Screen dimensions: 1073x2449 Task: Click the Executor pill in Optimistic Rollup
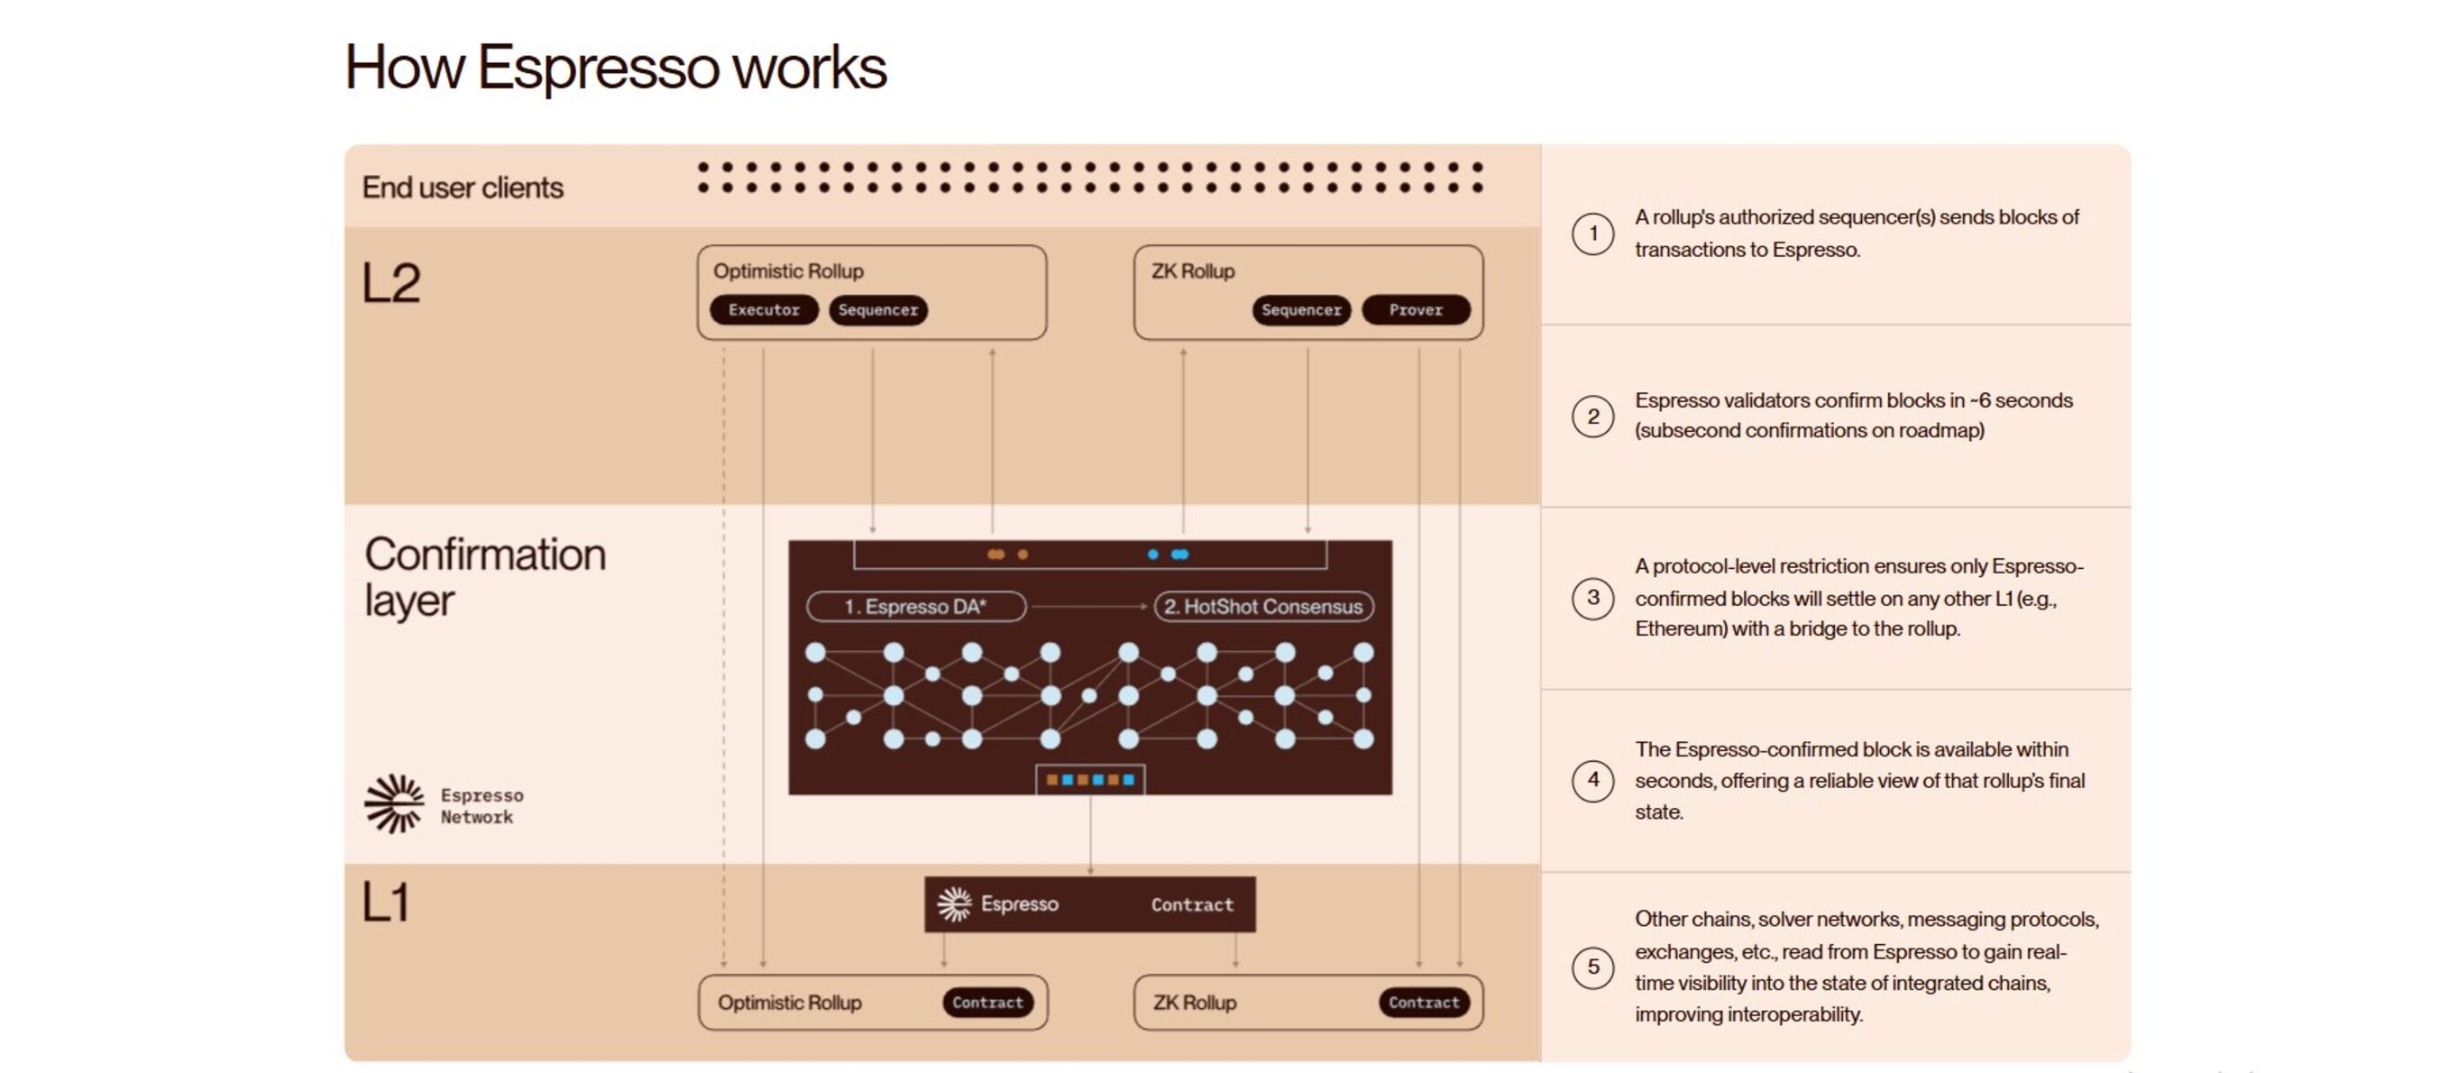pyautogui.click(x=764, y=310)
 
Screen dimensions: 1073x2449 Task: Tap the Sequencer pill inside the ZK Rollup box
pyautogui.click(x=1300, y=310)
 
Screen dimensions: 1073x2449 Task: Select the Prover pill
pyautogui.click(x=1416, y=310)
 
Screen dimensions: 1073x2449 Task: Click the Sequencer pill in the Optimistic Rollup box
pyautogui.click(x=877, y=310)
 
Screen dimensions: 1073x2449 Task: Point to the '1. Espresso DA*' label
pyautogui.click(x=915, y=606)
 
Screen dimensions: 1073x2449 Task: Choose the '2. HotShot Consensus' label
pyautogui.click(x=1263, y=606)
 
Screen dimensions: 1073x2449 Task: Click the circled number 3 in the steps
pyautogui.click(x=1592, y=598)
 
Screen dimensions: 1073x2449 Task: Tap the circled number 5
pyautogui.click(x=1592, y=967)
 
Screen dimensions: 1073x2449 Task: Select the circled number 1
pyautogui.click(x=1592, y=233)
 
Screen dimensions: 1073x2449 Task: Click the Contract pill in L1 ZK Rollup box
pyautogui.click(x=1423, y=1003)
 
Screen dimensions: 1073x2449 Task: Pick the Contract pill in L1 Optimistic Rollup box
pyautogui.click(x=987, y=1003)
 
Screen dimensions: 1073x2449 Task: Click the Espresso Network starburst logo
pyautogui.click(x=393, y=803)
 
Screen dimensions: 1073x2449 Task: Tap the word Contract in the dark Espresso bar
pyautogui.click(x=1192, y=904)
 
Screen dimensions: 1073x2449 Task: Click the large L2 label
pyautogui.click(x=390, y=283)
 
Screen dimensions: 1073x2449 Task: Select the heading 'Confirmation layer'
pyautogui.click(x=484, y=576)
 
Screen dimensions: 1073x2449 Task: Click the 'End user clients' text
pyautogui.click(x=462, y=188)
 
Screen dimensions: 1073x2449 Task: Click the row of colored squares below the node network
pyautogui.click(x=1089, y=779)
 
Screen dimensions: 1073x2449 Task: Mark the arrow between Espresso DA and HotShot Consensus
pyautogui.click(x=1089, y=606)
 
